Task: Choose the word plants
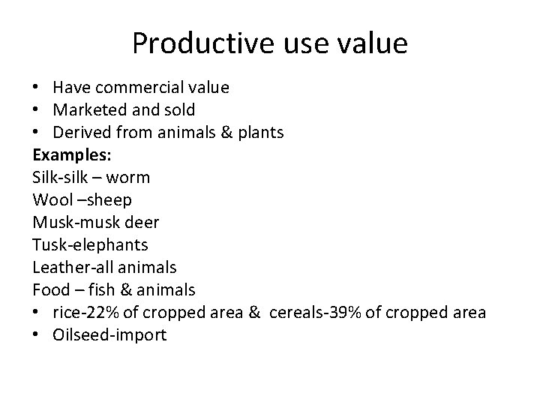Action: (x=258, y=133)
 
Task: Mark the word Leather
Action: (x=58, y=267)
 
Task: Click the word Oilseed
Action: (x=79, y=334)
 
